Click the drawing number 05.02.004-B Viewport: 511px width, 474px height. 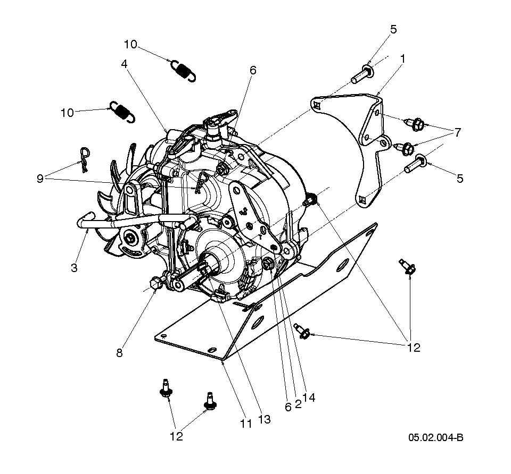click(x=435, y=438)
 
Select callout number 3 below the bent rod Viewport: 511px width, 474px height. click(x=74, y=267)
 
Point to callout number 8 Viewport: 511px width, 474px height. click(x=119, y=352)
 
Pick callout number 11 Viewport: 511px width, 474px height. click(x=245, y=424)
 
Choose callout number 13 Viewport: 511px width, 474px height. click(x=264, y=419)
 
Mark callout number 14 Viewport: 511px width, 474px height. click(x=309, y=397)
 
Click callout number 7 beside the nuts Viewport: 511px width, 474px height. click(x=457, y=132)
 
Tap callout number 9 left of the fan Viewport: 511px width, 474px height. click(x=40, y=179)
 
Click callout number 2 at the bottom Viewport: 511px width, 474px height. click(x=298, y=404)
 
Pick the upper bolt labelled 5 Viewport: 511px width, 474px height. click(x=362, y=73)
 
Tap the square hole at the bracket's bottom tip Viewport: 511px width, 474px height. click(x=364, y=200)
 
